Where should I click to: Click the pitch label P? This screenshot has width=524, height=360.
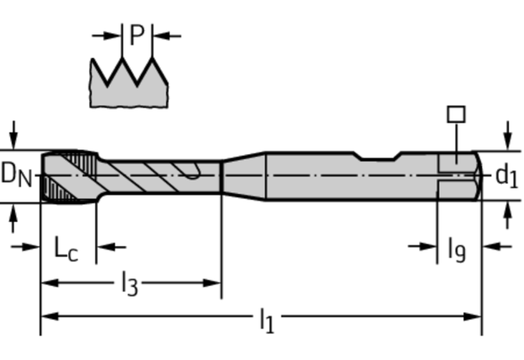pos(138,35)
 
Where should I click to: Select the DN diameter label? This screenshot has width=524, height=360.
pos(16,175)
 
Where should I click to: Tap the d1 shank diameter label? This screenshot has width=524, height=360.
pos(505,175)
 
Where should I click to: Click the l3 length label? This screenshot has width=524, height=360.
pos(129,284)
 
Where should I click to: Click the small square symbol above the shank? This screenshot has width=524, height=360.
pos(456,114)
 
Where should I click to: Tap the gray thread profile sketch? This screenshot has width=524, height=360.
pos(129,86)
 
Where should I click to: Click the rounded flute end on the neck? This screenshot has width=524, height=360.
pos(191,173)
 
